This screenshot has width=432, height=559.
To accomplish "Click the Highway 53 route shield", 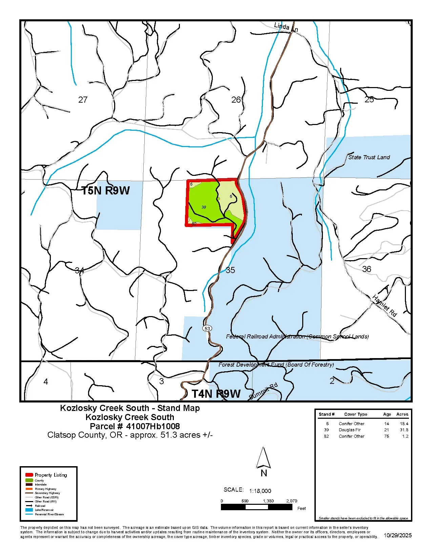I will pos(207,328).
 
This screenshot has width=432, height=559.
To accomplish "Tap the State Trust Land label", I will pos(369,157).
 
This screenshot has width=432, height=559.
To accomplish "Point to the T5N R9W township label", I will pos(106,190).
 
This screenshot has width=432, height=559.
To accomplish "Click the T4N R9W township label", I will pos(216,394).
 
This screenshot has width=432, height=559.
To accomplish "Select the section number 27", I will pos(83,100).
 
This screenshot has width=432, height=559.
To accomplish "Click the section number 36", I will pos(367,269).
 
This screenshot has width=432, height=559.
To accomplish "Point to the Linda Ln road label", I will pos(286,27).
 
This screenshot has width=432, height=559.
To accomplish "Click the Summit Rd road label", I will pos(263,391).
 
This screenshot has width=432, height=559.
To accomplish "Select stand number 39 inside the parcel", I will pos(204,207).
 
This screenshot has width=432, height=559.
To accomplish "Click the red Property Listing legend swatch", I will pos(29,475).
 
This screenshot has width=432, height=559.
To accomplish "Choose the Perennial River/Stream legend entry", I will pos(49,514).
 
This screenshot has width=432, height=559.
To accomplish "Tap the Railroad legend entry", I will pos(40,506).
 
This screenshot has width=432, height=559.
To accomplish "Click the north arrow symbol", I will pos(263,458).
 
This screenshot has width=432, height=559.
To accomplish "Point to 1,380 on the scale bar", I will pos(268,501).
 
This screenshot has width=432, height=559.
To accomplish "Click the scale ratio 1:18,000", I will pos(260,491).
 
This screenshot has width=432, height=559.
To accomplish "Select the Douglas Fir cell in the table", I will pos(350,430).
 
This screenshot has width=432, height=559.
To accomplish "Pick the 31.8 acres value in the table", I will pos(404,430).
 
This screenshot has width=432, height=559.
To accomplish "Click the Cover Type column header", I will pos(355,414).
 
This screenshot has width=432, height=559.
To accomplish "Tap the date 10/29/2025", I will pos(397,535).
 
